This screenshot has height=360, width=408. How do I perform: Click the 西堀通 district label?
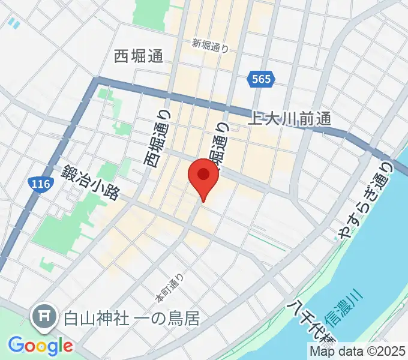pyautogui.click(x=138, y=57)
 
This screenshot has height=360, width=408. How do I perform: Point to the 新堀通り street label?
pyautogui.click(x=211, y=45)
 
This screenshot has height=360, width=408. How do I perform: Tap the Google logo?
pyautogui.click(x=40, y=345)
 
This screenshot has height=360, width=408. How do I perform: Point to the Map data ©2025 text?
pyautogui.click(x=358, y=351)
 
